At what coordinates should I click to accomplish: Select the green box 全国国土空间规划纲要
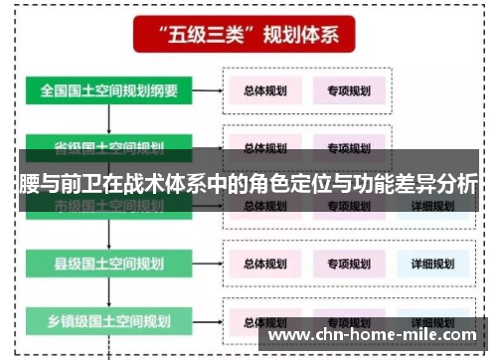point(109,90)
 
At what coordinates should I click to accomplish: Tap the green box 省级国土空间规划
point(109,147)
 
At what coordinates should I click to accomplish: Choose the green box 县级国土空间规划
point(109,264)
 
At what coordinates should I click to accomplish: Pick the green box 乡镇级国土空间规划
point(109,320)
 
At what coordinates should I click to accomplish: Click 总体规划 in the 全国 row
point(265,91)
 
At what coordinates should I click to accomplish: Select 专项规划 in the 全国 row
point(349,91)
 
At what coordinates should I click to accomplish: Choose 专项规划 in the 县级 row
point(349,264)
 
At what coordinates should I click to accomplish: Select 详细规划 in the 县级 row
point(432,264)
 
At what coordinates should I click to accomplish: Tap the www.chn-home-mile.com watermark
point(377,335)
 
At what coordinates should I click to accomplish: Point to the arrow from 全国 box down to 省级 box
point(109,119)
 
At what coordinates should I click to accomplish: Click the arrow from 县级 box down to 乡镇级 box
point(109,292)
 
